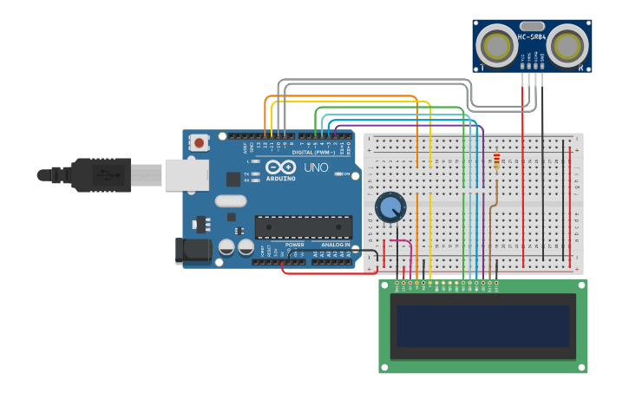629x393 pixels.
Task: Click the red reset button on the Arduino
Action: pos(200,142)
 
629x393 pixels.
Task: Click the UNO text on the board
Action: pos(315,167)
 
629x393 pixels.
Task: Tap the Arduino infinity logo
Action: pos(279,167)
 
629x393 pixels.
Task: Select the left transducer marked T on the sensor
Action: pos(499,45)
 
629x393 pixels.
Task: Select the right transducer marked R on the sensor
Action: pos(567,45)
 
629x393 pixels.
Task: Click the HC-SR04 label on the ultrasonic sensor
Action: pos(532,37)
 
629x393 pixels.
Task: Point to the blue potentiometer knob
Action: pos(390,206)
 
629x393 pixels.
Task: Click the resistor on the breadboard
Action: pos(496,162)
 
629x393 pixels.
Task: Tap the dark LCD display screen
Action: pos(483,326)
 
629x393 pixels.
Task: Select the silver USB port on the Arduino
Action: pos(187,174)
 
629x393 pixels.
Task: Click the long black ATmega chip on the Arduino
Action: pos(303,227)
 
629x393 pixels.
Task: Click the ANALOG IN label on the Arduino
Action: pos(336,245)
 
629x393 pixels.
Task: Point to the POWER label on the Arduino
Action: pos(295,245)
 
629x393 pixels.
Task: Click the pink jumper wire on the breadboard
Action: pos(400,242)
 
